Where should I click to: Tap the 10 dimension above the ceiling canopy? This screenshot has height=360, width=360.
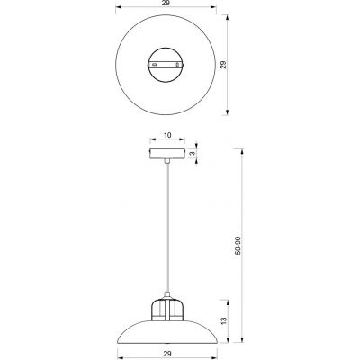coord(168,137)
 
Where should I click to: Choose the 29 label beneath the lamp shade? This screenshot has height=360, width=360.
coord(168,354)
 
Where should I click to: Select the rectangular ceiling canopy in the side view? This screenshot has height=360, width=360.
coord(168,154)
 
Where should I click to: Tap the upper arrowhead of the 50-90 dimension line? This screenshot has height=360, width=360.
coord(244,151)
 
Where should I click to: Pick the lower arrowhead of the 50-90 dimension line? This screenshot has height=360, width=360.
coord(244,338)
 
